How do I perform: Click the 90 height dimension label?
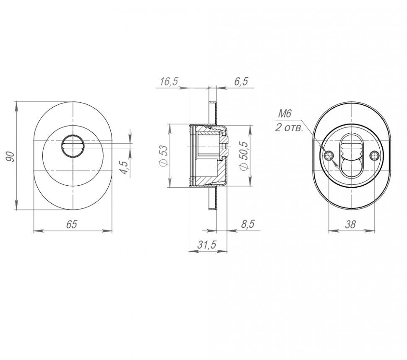coord(10,156)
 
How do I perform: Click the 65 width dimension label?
coord(72,224)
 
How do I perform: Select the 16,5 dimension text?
coord(169,81)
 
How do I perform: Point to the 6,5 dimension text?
coord(241,81)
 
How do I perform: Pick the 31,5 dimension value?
coord(207,244)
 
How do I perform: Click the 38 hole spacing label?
coord(350,224)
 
